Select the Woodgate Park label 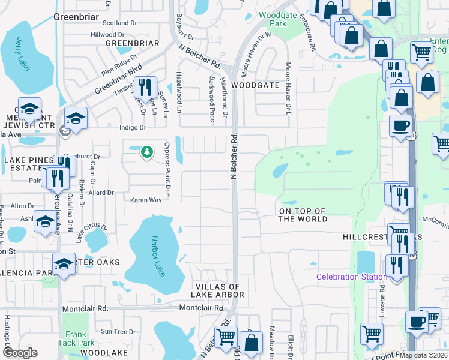[273, 19]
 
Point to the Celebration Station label [352, 277]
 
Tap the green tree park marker [146, 152]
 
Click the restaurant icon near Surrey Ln [145, 88]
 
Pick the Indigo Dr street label [133, 127]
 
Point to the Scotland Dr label [120, 23]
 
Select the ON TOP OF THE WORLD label [303, 215]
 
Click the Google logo [20, 353]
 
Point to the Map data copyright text [424, 355]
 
